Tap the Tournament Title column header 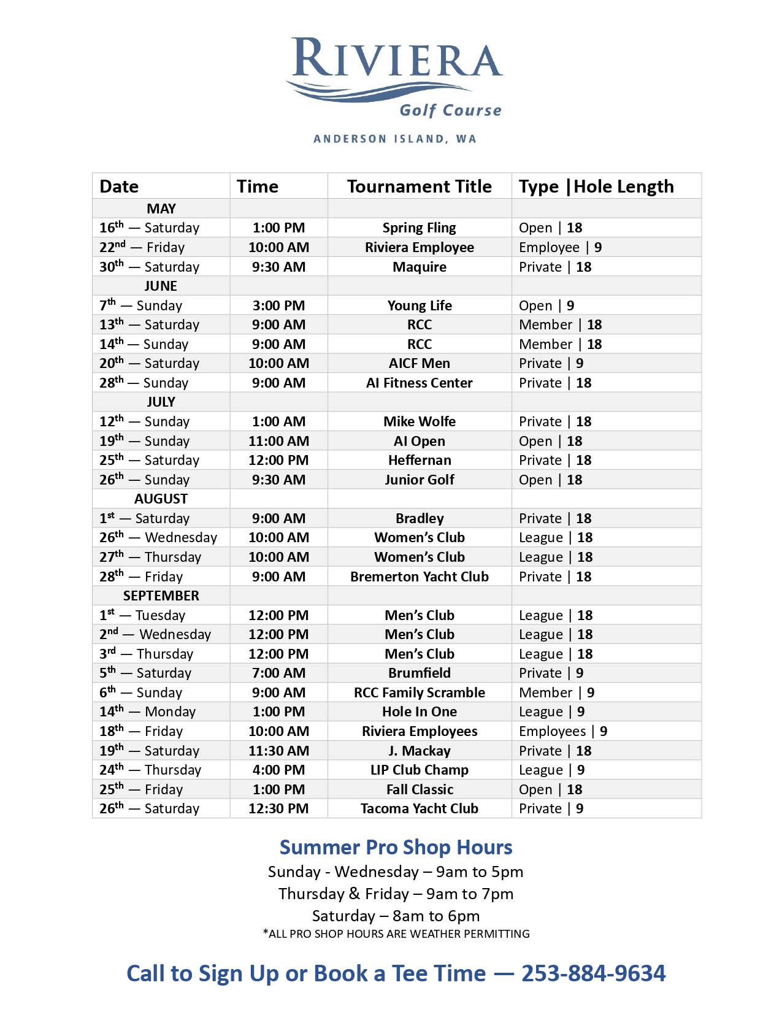[420, 186]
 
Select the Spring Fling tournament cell [420, 228]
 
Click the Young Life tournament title [420, 305]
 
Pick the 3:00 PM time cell [278, 305]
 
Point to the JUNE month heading [161, 286]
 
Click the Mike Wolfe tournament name [420, 421]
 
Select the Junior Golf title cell [420, 480]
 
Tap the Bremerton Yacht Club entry [420, 577]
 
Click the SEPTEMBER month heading [161, 596]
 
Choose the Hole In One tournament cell [420, 711]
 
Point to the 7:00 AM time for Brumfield [278, 673]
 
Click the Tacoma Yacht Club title [420, 808]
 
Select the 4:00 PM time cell [278, 770]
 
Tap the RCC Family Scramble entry [420, 692]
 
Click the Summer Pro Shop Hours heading [396, 847]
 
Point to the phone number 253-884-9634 [593, 973]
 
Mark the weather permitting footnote [396, 933]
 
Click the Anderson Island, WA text [395, 139]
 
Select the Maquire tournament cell [420, 267]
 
